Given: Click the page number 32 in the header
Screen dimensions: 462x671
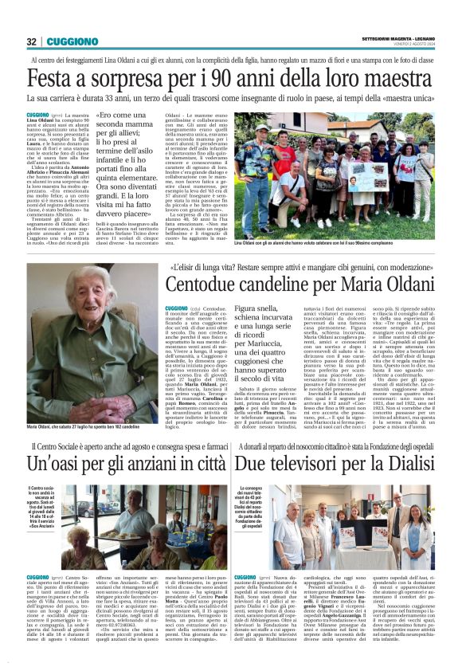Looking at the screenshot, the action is click(32, 42).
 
